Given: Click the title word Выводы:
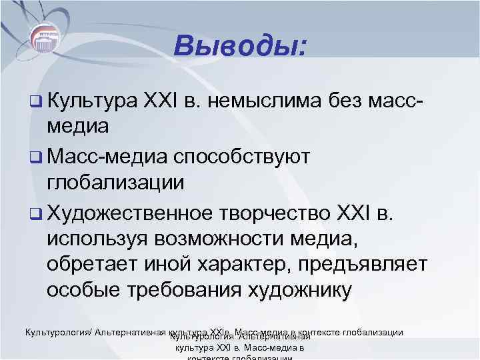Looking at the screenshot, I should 240,46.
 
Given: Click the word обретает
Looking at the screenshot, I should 87,264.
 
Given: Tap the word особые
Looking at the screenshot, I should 78,290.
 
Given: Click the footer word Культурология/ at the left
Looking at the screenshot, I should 59,332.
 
